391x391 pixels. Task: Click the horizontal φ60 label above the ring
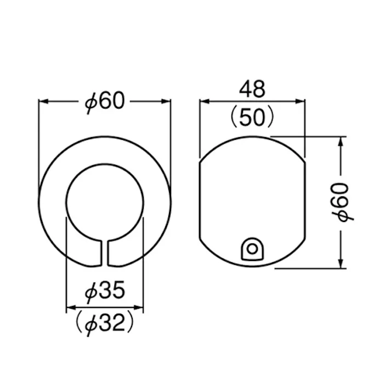click(105, 101)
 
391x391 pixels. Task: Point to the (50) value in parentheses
click(252, 116)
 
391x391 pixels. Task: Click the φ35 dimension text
click(105, 292)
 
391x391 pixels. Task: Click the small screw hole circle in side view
click(251, 248)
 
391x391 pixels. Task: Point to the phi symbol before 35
click(91, 293)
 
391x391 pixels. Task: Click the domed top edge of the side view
click(251, 137)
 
